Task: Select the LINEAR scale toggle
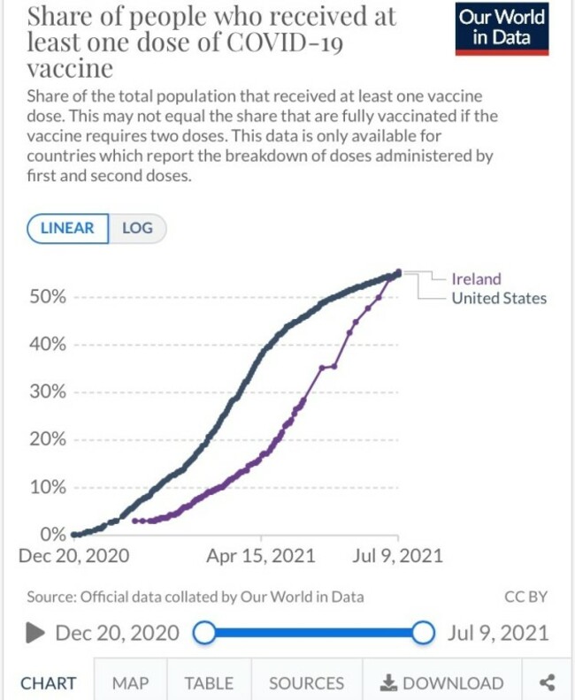68,228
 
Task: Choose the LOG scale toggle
137,228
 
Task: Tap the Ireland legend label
476,279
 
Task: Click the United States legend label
499,298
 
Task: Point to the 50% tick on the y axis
48,297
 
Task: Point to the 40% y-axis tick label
48,345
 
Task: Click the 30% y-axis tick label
48,392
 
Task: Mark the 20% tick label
48,440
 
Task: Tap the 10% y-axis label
48,488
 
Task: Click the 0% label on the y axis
52,535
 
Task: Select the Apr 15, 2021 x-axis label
260,556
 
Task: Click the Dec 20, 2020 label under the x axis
73,556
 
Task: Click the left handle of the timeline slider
204,633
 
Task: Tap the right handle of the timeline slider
423,633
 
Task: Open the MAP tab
130,683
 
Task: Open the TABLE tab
209,683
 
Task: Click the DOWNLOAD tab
441,683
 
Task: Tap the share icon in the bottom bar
547,682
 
